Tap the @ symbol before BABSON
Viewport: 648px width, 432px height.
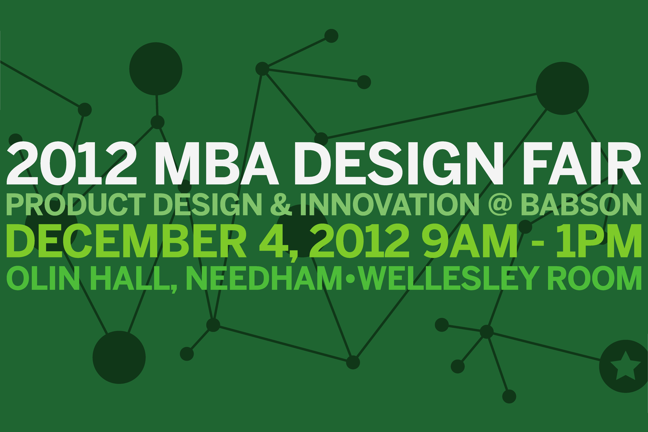(x=500, y=204)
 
